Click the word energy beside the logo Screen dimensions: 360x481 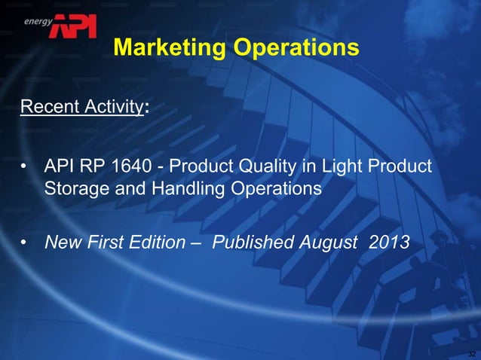click(37, 22)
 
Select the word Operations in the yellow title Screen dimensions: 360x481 click(296, 49)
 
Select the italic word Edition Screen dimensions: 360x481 click(152, 243)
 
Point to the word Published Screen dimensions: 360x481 click(248, 243)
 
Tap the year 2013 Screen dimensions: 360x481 click(386, 243)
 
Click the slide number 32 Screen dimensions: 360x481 click(471, 353)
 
